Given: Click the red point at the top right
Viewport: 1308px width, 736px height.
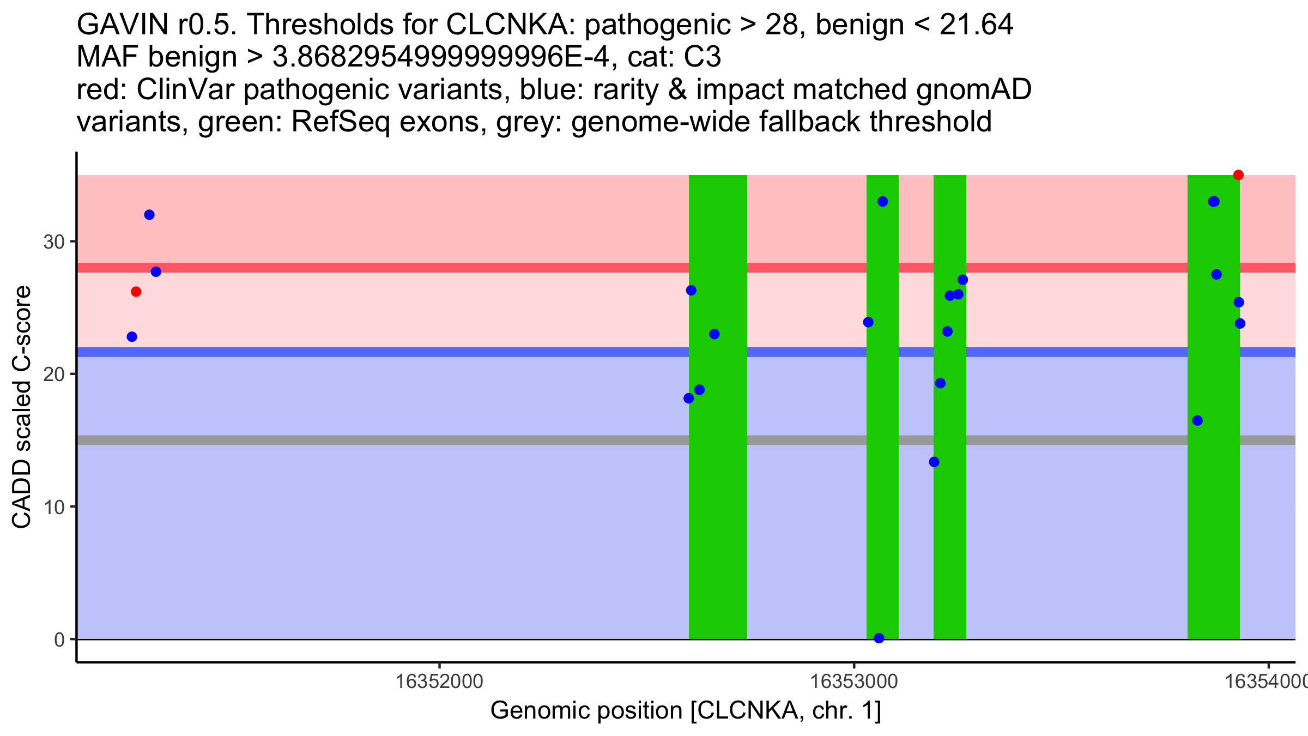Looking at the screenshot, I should pos(1238,175).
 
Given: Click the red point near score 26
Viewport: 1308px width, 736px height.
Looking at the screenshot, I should pos(136,292).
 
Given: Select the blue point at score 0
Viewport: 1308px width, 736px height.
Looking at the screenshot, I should pos(879,638).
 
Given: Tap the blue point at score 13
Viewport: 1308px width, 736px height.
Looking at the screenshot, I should pos(934,462).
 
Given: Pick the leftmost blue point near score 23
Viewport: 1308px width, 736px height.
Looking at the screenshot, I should pos(132,337).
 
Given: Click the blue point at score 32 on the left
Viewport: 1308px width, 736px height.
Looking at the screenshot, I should pos(149,215).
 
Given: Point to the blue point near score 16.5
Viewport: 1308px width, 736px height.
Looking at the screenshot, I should pos(1197,421).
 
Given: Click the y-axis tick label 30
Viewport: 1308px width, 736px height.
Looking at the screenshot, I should pos(54,242).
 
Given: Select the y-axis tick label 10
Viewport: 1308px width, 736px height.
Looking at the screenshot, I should pos(54,507).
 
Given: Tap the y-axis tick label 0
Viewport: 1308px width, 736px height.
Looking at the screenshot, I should pos(59,640).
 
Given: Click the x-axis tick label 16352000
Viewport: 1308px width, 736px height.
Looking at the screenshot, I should pos(439,681).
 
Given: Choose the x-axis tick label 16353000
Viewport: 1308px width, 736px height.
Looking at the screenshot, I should pos(854,681).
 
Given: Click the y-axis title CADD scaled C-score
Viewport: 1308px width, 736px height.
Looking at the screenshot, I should pos(22,407).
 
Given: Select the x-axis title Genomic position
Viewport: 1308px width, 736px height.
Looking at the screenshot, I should pos(686,711).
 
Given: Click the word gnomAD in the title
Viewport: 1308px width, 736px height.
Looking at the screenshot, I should pos(973,89).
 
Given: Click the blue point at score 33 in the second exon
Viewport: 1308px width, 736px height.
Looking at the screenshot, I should pos(883,202).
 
